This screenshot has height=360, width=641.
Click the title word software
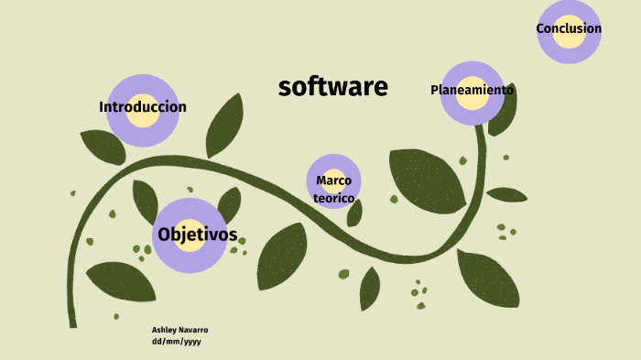pos(332,87)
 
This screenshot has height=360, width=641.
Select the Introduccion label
pos(143,107)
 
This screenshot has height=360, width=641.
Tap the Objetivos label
pos(197,235)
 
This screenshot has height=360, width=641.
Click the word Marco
pos(333,180)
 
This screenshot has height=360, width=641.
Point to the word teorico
pos(333,198)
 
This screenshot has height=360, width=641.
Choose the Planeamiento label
pos(472,90)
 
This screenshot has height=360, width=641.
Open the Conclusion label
pos(569,28)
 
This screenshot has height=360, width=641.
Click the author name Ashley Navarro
pos(179,329)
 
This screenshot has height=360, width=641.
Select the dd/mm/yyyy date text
pos(176,341)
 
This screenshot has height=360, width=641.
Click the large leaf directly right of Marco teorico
pos(426,179)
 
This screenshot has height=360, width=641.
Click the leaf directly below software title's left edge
pos(224,125)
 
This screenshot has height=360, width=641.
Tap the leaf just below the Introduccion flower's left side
pos(102,146)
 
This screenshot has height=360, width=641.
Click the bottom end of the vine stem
pos(72,322)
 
